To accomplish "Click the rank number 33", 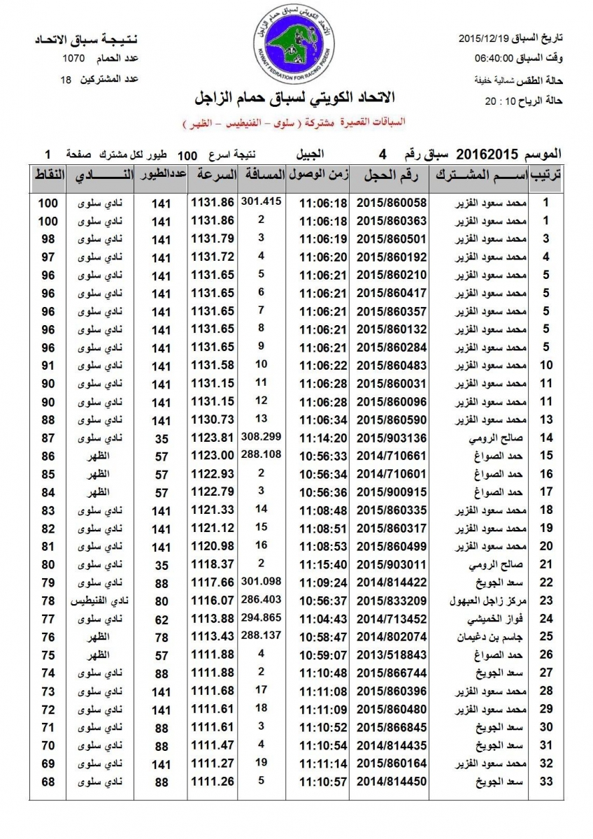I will (x=547, y=781).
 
